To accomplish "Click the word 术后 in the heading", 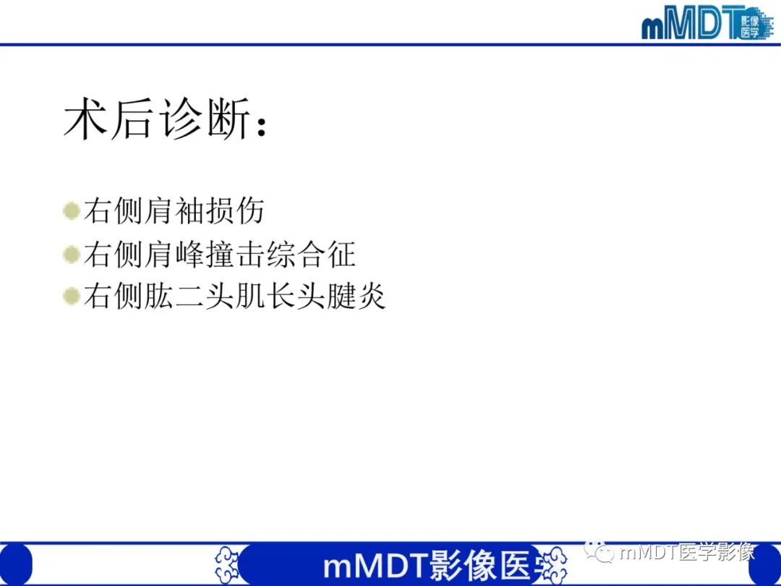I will [x=108, y=119].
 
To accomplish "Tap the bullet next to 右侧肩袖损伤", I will [x=71, y=211].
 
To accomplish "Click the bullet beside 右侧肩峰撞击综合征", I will [x=71, y=254].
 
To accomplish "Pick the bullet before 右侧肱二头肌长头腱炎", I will [x=71, y=297].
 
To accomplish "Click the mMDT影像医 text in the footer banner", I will [x=427, y=566].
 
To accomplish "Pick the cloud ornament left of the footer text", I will [x=228, y=565].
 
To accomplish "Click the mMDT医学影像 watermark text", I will [x=687, y=553].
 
